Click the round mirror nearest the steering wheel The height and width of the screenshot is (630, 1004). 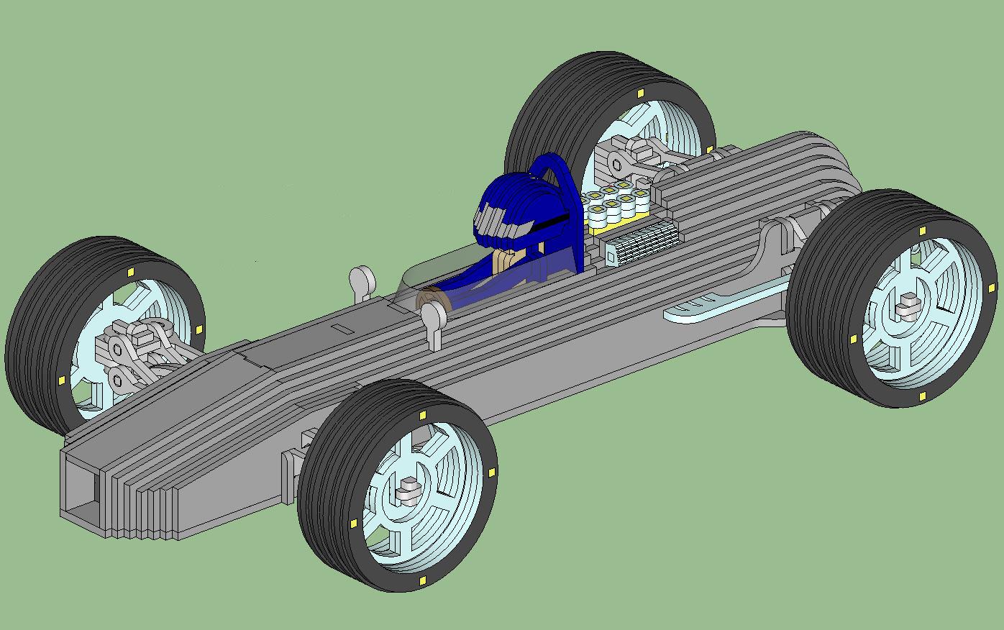click(x=432, y=316)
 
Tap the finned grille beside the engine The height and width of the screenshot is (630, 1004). click(x=642, y=242)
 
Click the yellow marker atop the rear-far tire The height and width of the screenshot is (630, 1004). click(x=640, y=93)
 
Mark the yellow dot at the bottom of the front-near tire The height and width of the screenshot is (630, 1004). click(x=421, y=580)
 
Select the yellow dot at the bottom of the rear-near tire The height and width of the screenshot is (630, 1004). click(x=922, y=396)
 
